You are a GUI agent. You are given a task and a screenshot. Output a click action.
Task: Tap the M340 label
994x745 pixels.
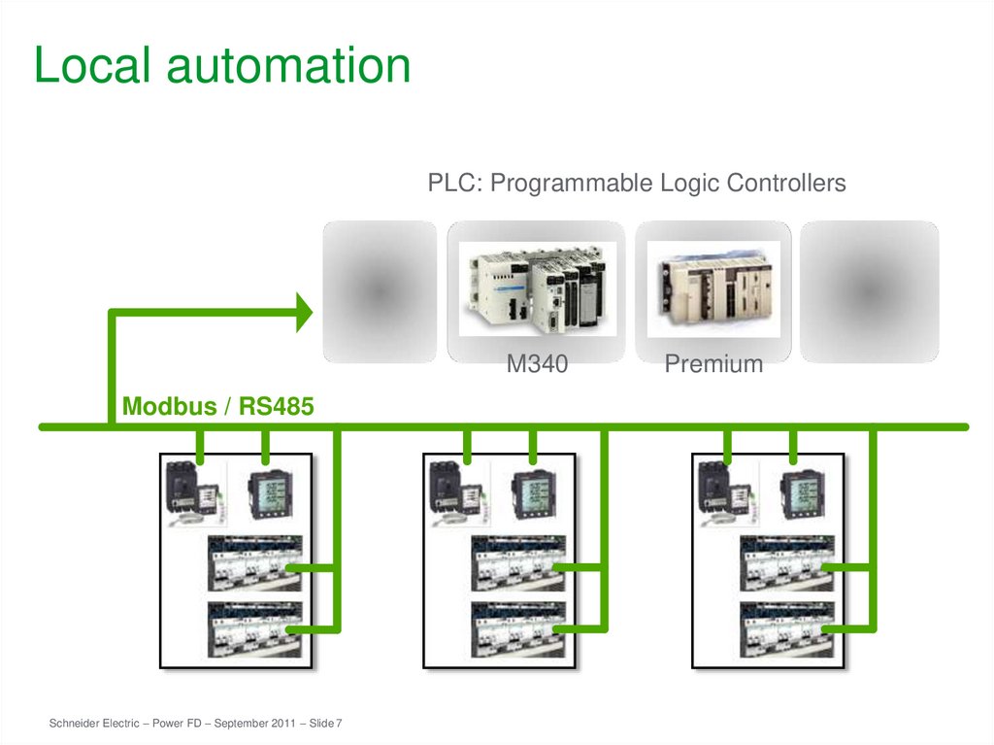[537, 365]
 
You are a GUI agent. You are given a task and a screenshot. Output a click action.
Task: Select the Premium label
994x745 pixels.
[713, 365]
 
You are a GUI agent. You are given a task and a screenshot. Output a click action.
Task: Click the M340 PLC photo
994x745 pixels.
[537, 288]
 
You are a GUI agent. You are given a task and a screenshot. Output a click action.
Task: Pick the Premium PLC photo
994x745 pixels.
[713, 288]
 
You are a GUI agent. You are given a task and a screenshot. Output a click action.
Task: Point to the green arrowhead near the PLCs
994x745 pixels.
[303, 313]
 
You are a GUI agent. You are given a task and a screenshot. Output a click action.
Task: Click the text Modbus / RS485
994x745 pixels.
[217, 407]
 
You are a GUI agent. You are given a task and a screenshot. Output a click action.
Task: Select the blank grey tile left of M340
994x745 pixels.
[380, 291]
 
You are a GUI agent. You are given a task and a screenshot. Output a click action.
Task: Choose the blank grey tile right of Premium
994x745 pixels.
[870, 291]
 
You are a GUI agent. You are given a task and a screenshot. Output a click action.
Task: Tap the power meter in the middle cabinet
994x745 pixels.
[533, 493]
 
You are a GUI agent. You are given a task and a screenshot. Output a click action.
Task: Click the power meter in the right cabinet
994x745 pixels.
[802, 493]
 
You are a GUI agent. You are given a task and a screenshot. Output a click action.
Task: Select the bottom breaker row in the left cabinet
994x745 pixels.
[255, 628]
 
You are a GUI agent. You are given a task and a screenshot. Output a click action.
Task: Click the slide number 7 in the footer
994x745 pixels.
[340, 725]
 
